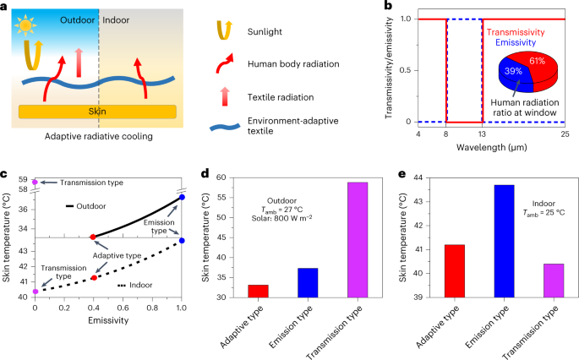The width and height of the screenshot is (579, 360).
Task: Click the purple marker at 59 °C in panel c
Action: [x=35, y=182]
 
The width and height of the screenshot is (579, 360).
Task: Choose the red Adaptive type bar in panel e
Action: [x=453, y=270]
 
